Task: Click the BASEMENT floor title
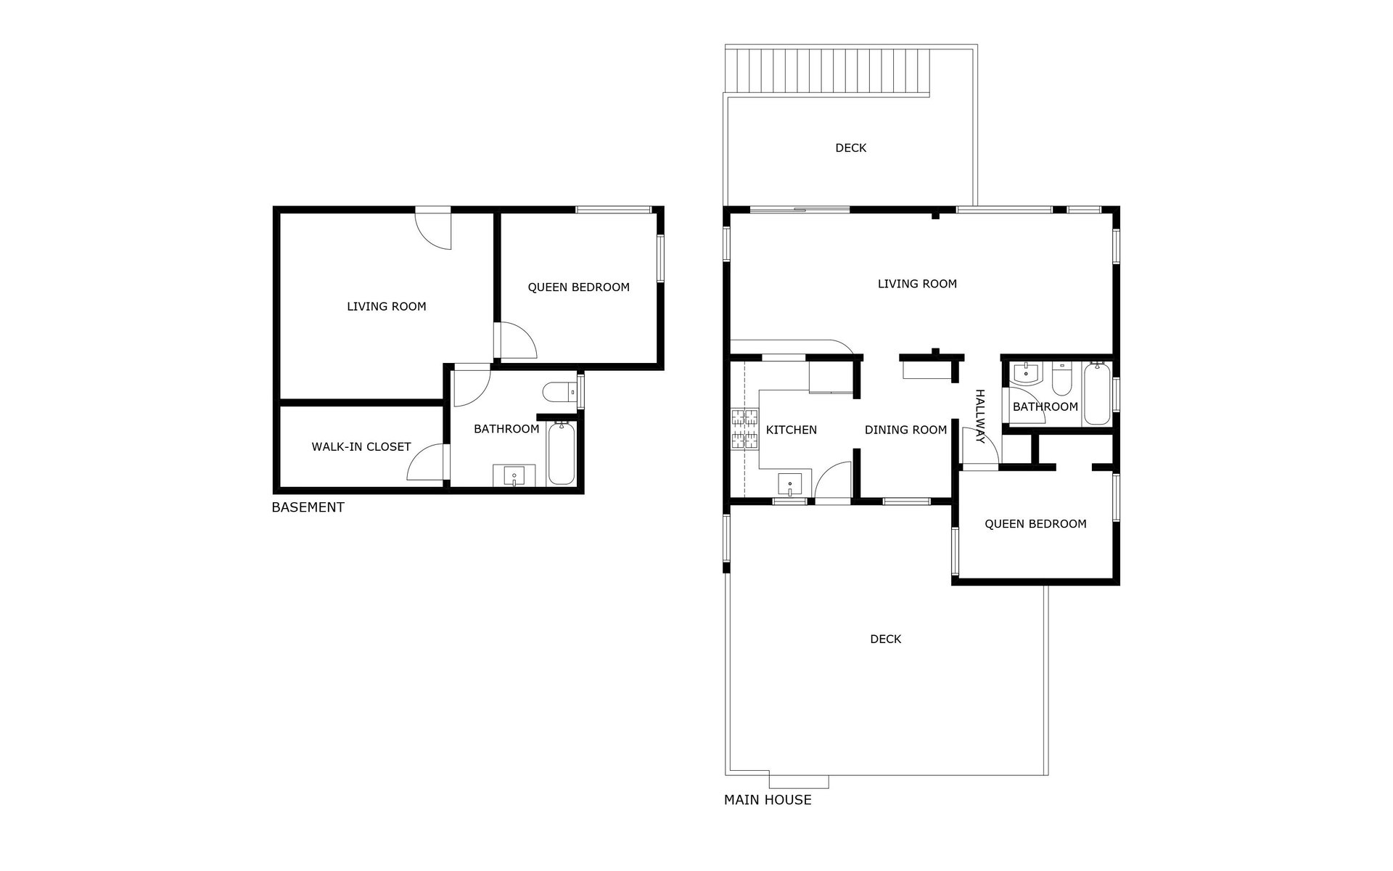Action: pos(308,507)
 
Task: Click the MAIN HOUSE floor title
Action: pos(768,800)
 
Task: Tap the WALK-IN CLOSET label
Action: pos(361,447)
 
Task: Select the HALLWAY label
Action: pos(980,417)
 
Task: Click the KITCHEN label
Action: pos(792,430)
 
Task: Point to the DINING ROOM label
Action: pos(905,430)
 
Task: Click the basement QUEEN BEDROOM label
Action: pos(578,287)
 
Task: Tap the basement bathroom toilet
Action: pos(559,392)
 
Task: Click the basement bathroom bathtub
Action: pos(561,454)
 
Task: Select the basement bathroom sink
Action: pos(514,476)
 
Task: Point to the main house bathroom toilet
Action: pos(1061,377)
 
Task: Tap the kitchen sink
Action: pos(789,483)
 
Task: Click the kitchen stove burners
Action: pos(744,428)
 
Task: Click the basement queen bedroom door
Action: pos(516,340)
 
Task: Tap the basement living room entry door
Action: pos(433,229)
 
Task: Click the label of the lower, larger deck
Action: pos(885,639)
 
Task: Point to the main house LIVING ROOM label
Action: pos(917,284)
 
